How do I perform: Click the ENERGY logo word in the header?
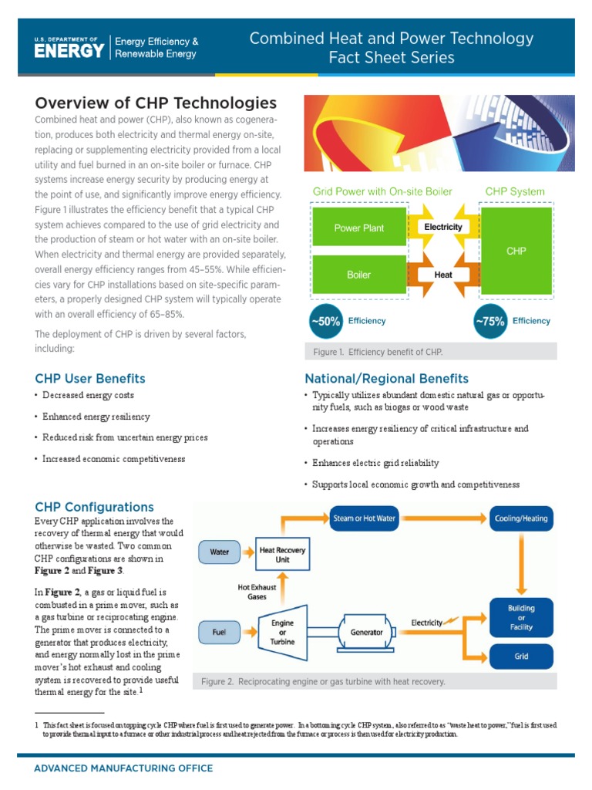pos(69,51)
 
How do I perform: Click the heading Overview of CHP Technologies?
pos(156,103)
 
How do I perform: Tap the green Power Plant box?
pos(358,228)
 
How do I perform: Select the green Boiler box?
pos(358,275)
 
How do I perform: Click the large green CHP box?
pos(516,252)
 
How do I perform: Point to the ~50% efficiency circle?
pos(325,322)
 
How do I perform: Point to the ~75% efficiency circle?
pos(489,322)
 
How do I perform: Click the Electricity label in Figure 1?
pos(442,227)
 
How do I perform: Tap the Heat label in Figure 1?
pos(442,274)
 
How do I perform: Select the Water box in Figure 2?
pos(220,552)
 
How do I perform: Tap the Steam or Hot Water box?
pos(364,518)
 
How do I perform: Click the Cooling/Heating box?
pos(521,518)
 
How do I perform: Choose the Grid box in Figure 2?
pos(521,657)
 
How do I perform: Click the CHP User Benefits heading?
pos(90,378)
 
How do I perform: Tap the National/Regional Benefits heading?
pos(386,378)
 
